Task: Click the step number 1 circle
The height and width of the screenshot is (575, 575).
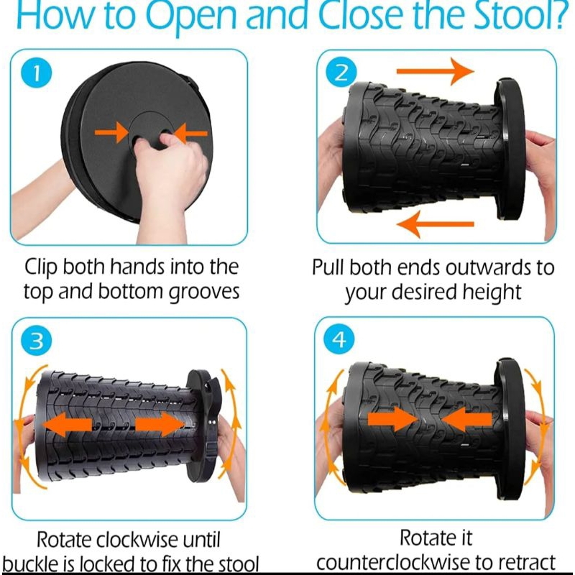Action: tap(37, 73)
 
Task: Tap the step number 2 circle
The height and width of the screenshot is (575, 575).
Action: tap(341, 73)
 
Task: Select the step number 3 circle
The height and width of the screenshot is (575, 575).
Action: tap(37, 341)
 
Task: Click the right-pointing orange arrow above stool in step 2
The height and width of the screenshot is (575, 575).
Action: tap(436, 70)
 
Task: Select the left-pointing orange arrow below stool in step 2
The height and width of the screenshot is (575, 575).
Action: tap(436, 224)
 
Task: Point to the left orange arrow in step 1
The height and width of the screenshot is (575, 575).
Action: tap(111, 132)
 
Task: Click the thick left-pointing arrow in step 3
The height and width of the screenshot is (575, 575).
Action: tap(68, 424)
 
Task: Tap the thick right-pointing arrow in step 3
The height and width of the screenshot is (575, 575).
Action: tap(160, 424)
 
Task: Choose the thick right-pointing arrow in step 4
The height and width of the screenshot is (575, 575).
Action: tap(392, 419)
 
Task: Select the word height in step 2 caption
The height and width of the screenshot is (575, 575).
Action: tap(492, 293)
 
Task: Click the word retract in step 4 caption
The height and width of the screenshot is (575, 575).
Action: tap(528, 563)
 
